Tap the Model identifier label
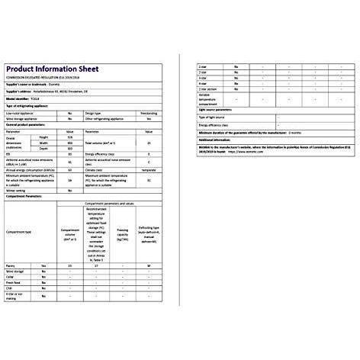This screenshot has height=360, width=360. (x=19, y=99)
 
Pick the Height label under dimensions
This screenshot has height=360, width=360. (x=44, y=137)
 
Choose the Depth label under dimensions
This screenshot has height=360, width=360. (x=44, y=149)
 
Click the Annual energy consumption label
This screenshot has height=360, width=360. (x=30, y=169)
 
